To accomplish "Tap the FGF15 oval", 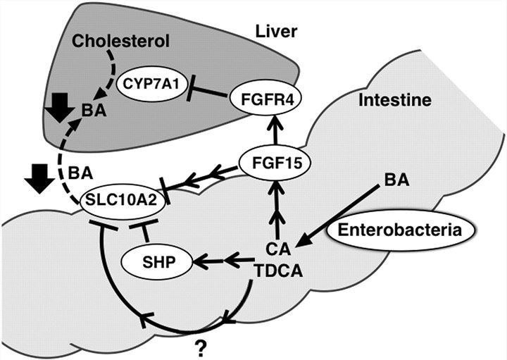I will tap(271, 163).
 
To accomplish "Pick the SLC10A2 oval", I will tap(118, 200).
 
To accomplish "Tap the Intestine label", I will tap(395, 100).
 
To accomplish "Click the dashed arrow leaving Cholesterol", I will tap(107, 76).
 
